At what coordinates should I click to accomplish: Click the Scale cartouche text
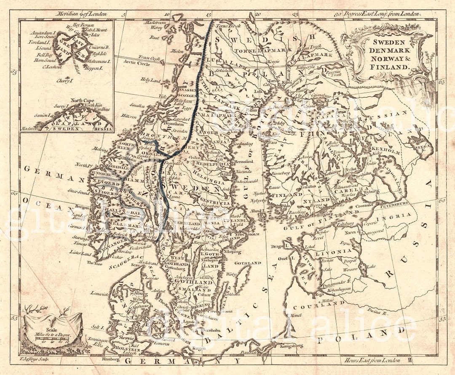[x=50, y=333]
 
